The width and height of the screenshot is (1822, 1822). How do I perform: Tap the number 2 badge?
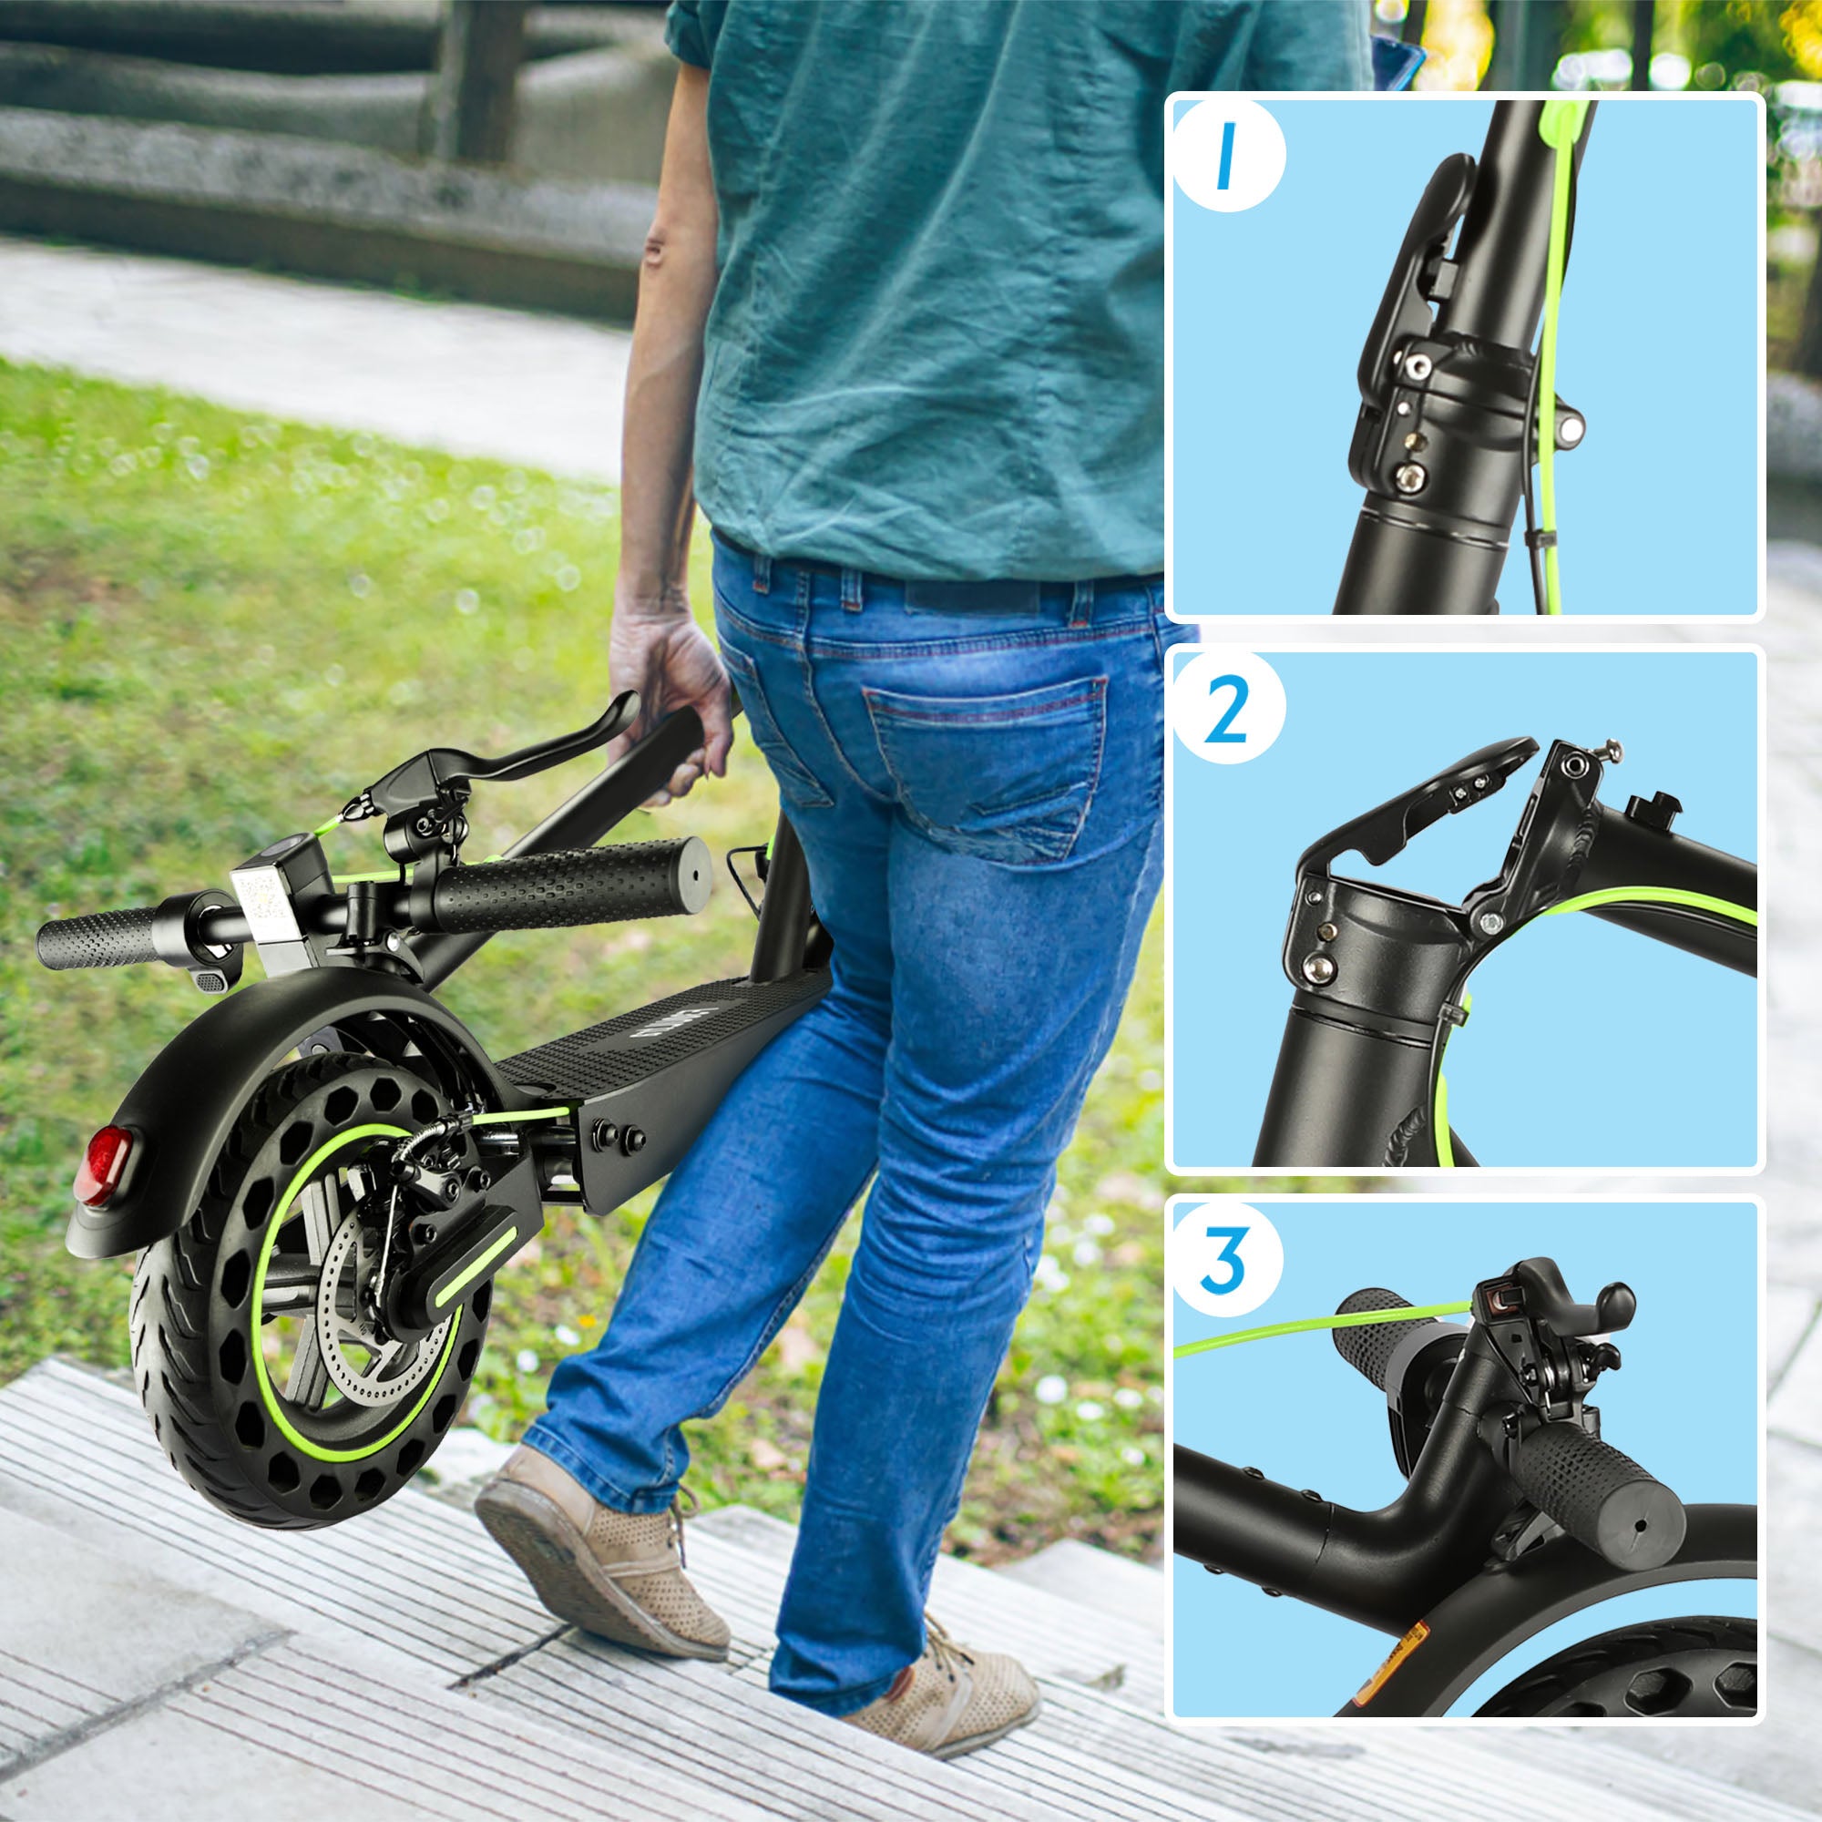1227,716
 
